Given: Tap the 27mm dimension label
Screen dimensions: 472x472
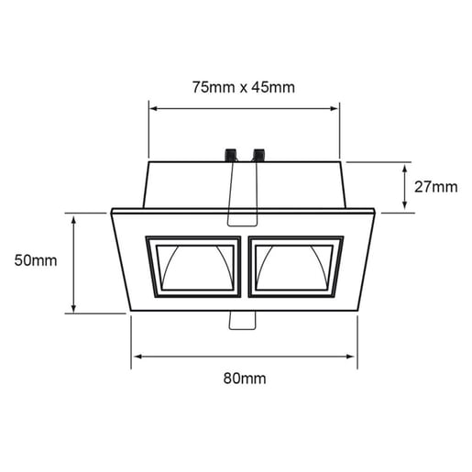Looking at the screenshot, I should pyautogui.click(x=434, y=187).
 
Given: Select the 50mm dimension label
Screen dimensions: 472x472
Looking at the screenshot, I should pyautogui.click(x=36, y=260).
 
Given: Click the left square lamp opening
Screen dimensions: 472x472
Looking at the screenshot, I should pyautogui.click(x=193, y=267).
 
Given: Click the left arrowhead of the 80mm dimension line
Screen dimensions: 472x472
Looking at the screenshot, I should pyautogui.click(x=136, y=354).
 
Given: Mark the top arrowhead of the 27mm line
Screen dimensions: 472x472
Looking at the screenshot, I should pyautogui.click(x=404, y=167).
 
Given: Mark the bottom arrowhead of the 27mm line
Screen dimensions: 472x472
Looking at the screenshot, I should pyautogui.click(x=404, y=208).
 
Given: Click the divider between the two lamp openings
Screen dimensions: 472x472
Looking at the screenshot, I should pyautogui.click(x=244, y=267).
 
